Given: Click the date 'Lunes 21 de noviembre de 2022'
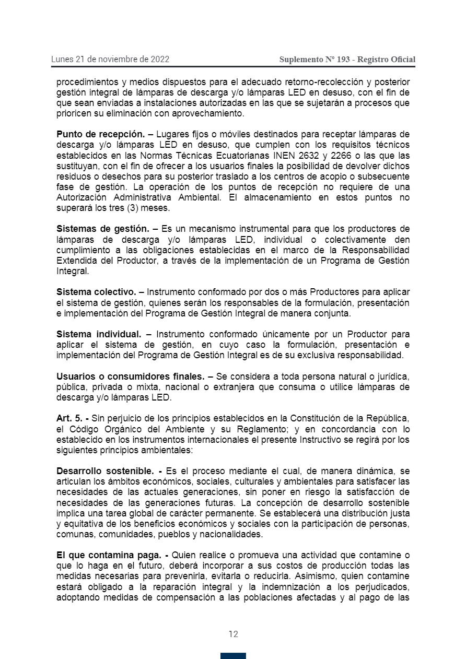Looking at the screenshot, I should coord(110,59).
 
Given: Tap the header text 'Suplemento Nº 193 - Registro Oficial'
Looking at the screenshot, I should coord(347,60).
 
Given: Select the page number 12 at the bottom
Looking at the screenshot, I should coord(233,634).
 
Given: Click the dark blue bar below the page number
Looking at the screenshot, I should coord(233,655).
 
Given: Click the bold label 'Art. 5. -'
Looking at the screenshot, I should coord(73,418).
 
